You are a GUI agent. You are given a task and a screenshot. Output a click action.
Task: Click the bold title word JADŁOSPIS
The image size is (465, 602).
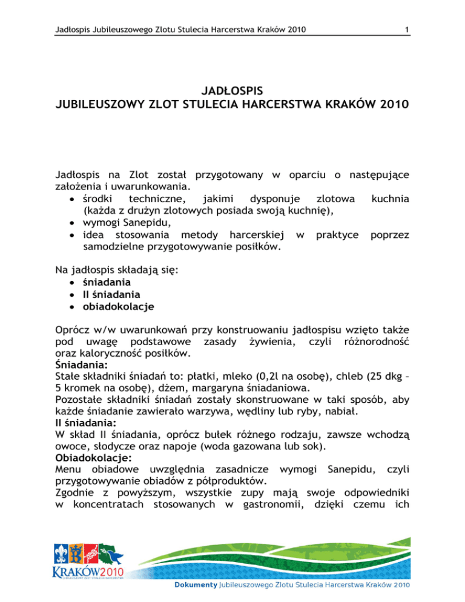(x=232, y=91)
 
